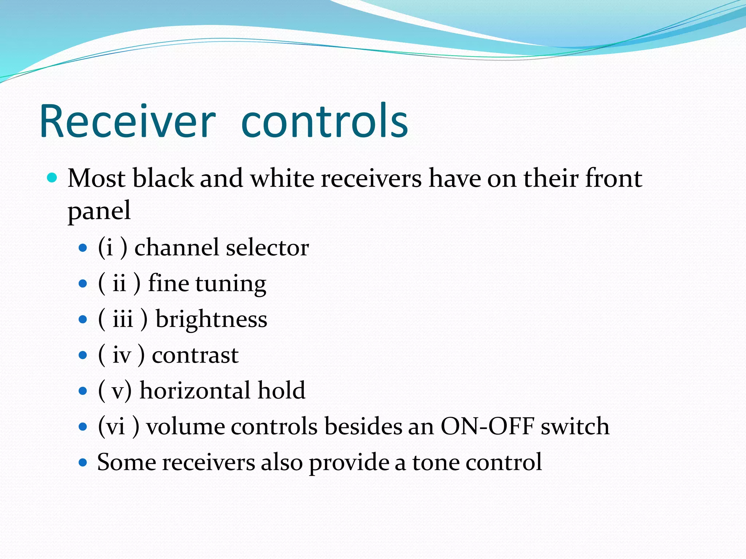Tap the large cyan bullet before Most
(52, 178)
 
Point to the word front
(613, 178)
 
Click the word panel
(99, 211)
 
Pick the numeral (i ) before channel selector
(113, 247)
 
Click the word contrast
(195, 355)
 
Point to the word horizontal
(195, 390)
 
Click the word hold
(281, 390)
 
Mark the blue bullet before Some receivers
(83, 463)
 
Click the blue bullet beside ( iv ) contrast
(83, 355)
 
